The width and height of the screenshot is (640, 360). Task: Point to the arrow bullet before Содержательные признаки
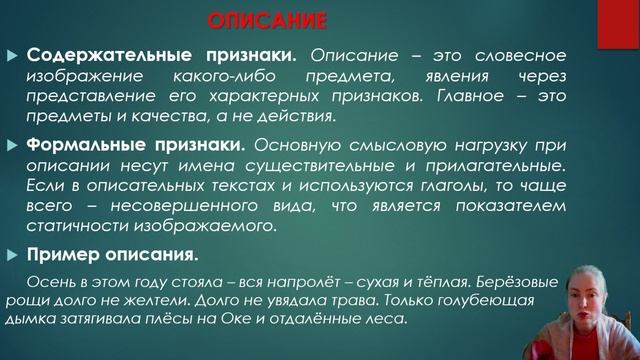(x=12, y=55)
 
